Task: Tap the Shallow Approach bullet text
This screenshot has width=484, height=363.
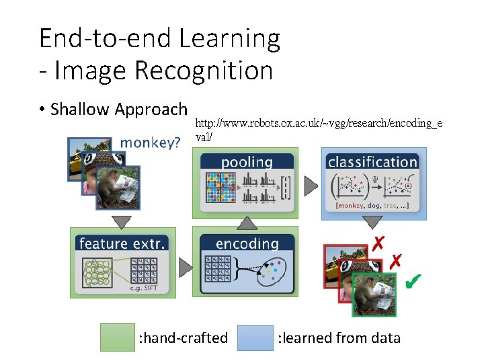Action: tap(119, 109)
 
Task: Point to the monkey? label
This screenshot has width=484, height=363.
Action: tap(151, 143)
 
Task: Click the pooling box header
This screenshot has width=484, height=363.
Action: tap(247, 162)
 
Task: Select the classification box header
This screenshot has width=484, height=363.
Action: tap(373, 162)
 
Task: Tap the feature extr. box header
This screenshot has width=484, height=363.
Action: tap(122, 243)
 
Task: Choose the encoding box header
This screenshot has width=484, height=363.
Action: tap(247, 243)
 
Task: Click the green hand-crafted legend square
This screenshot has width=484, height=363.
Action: tap(118, 337)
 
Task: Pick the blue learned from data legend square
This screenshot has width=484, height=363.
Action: tap(255, 337)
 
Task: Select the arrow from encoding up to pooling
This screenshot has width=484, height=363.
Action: tap(247, 223)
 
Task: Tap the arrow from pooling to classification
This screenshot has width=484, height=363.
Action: tap(311, 186)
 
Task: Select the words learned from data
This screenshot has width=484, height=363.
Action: tap(339, 337)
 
